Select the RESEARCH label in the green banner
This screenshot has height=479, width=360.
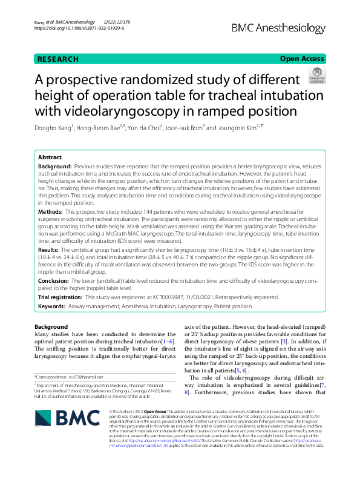[x=58, y=59]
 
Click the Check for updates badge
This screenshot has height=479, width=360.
[x=316, y=76]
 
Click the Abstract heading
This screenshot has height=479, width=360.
[x=50, y=156]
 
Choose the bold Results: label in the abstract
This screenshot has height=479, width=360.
[x=48, y=249]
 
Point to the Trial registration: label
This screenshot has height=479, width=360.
[x=60, y=297]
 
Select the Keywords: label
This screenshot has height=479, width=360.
[x=51, y=306]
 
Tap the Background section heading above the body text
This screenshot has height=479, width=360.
[x=51, y=327]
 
